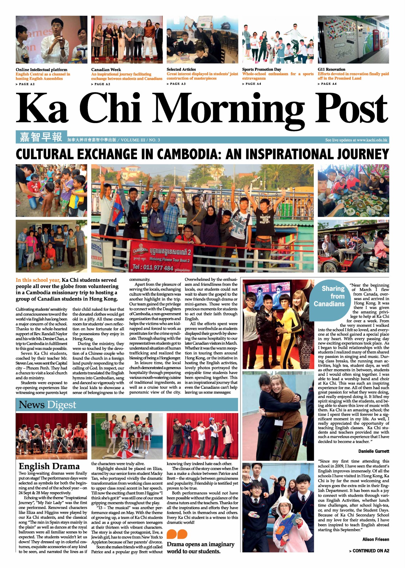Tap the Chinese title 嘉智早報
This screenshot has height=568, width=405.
click(x=41, y=137)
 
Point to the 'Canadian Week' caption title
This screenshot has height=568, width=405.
click(x=106, y=70)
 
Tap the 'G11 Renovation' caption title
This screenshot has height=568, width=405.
click(x=331, y=69)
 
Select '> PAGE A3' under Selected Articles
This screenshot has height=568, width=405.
click(x=176, y=84)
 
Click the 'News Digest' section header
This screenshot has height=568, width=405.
click(x=47, y=405)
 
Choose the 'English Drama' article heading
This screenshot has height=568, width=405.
click(x=49, y=466)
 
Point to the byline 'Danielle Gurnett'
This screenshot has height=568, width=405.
click(x=374, y=451)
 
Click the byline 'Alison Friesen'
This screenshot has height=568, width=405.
click(x=376, y=540)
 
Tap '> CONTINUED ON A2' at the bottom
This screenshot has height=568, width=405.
click(x=369, y=551)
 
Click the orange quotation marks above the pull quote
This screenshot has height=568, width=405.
click(x=177, y=534)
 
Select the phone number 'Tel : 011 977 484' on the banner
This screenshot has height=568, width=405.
click(x=153, y=268)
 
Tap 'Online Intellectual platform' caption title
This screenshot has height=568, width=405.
click(x=41, y=70)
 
